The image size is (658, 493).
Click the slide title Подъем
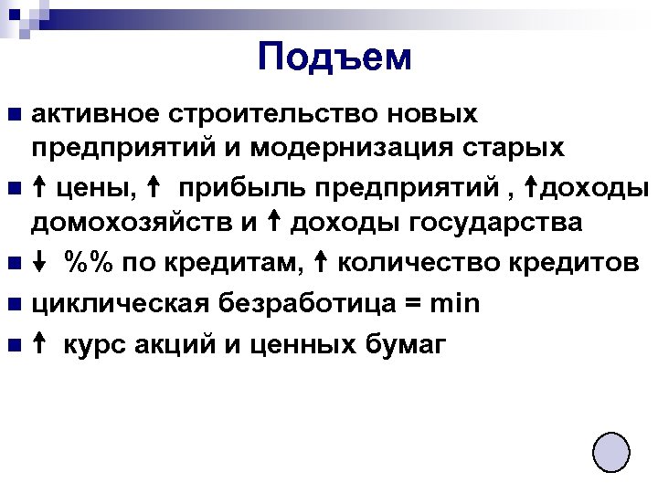pos(334,57)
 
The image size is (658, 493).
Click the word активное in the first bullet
pos(86,114)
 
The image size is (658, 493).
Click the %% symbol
pos(88,264)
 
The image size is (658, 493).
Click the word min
pos(455,303)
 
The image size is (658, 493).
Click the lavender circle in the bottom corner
pos(610,452)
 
